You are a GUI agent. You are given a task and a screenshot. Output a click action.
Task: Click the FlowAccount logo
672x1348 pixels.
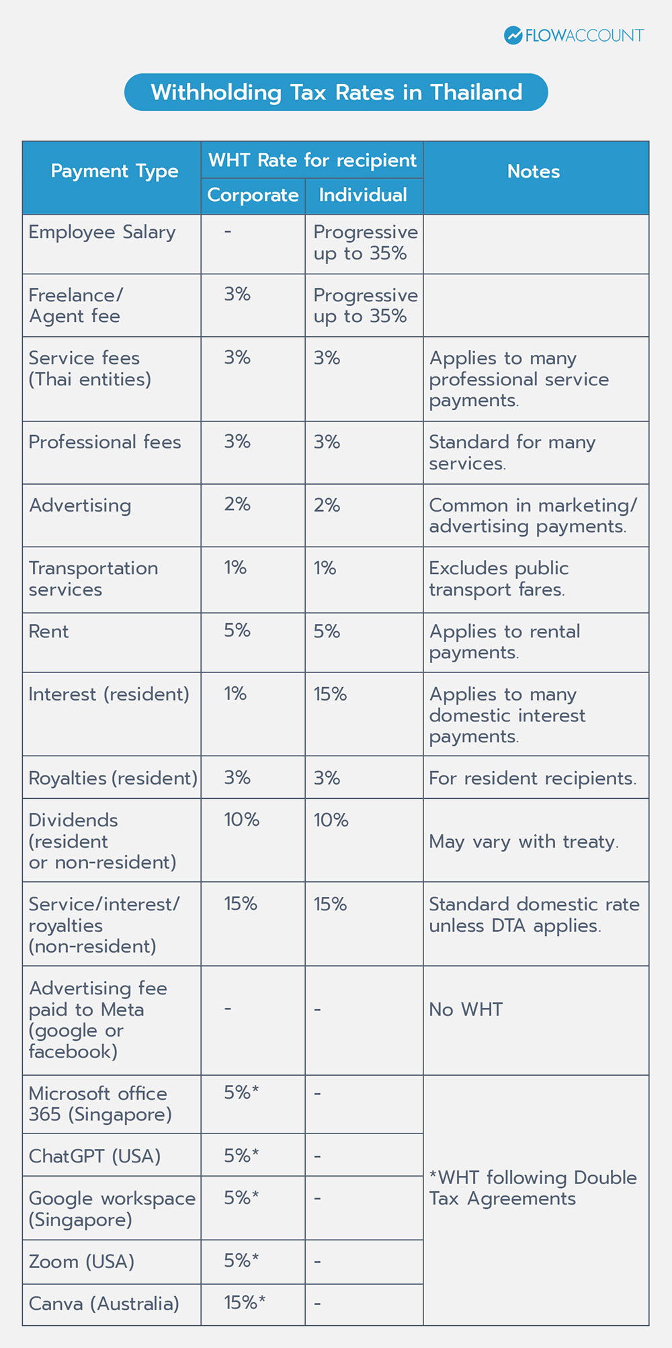[x=574, y=36]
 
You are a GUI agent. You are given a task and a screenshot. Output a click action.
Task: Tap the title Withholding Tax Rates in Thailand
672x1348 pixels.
[x=336, y=92]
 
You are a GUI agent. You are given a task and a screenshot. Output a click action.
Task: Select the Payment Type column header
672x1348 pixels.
[x=114, y=171]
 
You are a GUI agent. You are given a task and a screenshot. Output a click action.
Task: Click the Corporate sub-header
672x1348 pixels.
[x=253, y=195]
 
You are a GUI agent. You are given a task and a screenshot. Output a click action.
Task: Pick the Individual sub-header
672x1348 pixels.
[x=363, y=195]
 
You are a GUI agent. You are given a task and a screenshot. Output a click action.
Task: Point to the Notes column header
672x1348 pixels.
[x=534, y=171]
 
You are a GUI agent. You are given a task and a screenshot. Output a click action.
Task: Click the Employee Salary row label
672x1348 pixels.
[x=102, y=232]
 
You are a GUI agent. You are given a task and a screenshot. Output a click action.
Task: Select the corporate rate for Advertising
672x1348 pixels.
[x=237, y=505]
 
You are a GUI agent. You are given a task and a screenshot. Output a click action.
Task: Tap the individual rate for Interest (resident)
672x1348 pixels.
[x=330, y=694]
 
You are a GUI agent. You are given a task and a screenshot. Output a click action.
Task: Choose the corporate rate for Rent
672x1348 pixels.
[x=237, y=631]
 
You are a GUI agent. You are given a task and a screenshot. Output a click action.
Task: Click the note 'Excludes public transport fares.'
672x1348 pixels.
[x=499, y=579]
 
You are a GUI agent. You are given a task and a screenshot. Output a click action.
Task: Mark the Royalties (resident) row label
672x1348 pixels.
[x=113, y=778]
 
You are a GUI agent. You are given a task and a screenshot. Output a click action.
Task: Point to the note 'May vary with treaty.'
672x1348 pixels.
[x=523, y=842]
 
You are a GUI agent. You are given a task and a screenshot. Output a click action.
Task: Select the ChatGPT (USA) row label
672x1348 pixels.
[x=95, y=1156]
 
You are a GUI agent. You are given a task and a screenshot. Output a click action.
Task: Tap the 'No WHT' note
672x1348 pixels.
[x=466, y=1010]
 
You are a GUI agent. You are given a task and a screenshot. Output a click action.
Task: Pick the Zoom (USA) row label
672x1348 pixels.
[x=81, y=1261]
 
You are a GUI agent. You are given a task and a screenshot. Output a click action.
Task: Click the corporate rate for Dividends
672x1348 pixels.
[x=241, y=820]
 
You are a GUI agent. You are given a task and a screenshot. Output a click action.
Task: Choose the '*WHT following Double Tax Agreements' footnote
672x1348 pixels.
[x=533, y=1188]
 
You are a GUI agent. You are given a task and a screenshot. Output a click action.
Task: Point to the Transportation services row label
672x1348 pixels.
[x=93, y=579]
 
